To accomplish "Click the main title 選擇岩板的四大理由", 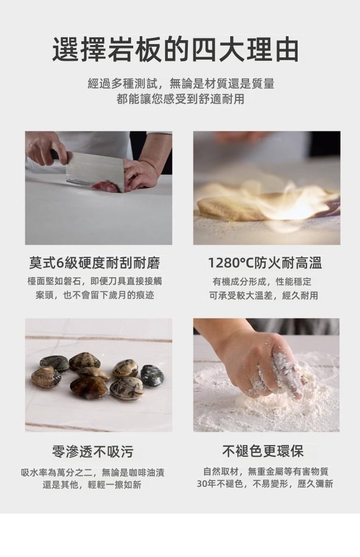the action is pos(175,50).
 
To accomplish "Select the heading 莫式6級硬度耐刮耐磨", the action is pos(95,263).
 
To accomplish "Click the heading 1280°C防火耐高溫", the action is pos(265,263).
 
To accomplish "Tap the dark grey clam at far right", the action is pos(152,375).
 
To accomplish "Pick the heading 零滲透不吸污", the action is pos(93,452).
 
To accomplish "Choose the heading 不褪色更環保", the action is pos(263,451).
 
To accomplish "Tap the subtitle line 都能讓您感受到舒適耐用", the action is pos(181,99).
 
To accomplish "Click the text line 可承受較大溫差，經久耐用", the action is pos(264,295).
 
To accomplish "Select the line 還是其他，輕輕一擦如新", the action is pos(92,485).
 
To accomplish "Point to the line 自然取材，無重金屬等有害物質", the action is pos(266,471).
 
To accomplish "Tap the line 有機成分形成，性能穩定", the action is pos(262,282).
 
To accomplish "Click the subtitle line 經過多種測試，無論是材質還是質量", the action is pos(181,84).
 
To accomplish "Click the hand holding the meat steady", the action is pos(140,174).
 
